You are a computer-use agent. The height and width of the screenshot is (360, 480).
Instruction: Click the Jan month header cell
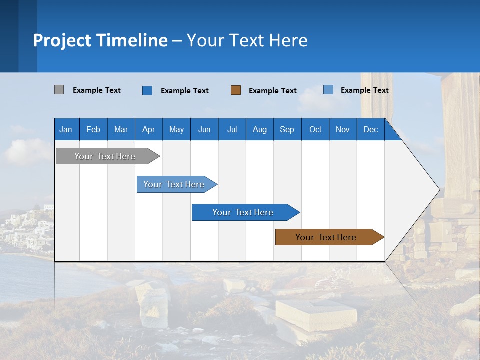point(66,129)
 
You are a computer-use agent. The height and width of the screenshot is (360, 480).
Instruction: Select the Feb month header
point(93,129)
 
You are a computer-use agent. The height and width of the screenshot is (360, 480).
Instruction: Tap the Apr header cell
point(149,129)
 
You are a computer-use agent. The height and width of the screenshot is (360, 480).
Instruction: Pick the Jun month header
point(204,129)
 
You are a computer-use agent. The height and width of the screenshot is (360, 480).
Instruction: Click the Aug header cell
point(260,129)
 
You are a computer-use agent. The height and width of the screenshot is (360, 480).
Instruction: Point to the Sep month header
point(287,129)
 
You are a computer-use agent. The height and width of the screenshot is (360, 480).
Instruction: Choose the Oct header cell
point(315,129)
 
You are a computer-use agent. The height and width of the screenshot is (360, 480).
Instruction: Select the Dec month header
point(371,129)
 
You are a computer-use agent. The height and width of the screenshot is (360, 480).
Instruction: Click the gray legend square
point(59,90)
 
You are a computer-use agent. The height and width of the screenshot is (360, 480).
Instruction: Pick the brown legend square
point(236,90)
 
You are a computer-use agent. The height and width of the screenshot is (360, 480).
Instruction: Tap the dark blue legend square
point(147,90)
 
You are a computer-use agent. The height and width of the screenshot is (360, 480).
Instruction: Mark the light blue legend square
point(328,90)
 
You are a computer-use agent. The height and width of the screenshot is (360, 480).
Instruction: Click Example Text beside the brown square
point(273,91)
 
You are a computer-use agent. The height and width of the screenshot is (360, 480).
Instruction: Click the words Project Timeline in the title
point(100,40)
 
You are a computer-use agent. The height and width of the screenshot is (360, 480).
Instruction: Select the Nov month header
point(343,129)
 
